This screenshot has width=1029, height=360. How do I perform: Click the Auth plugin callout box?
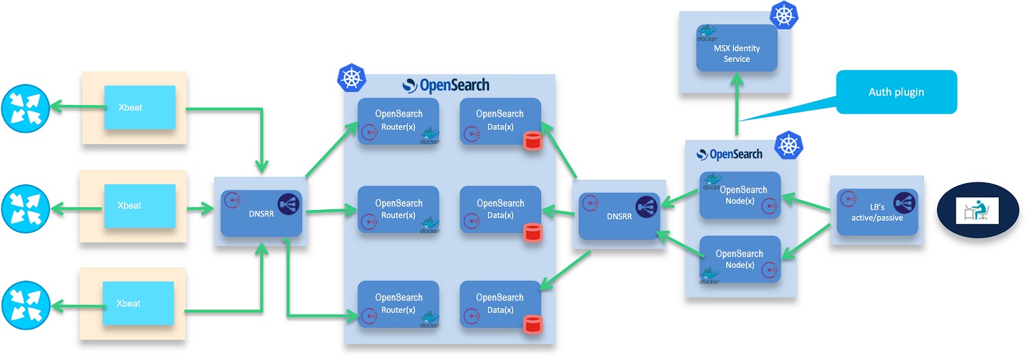896,92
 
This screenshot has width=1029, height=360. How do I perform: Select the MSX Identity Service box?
736,48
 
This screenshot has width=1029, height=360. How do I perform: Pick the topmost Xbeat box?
139,108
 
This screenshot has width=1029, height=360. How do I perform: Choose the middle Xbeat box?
139,205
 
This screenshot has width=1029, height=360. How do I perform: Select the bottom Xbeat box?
138,303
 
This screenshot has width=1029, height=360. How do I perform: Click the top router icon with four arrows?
25,108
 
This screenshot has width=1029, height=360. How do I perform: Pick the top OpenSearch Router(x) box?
398,121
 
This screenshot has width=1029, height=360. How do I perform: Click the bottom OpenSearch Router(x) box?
398,304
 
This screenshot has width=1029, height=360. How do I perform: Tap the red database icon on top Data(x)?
532,141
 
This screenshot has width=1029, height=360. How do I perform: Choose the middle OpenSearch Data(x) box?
500,209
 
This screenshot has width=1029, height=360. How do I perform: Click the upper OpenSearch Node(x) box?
740,195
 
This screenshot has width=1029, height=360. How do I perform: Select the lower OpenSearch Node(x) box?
740,259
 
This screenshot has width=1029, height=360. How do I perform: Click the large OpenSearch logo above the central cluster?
446,85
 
